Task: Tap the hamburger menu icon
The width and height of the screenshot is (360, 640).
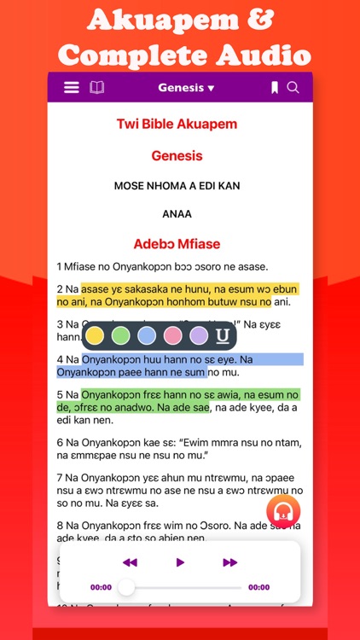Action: click(72, 87)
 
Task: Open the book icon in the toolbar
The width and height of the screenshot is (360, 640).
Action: click(96, 87)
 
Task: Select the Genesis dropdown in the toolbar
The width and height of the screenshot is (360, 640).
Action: click(186, 87)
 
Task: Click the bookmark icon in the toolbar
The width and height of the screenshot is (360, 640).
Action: click(275, 87)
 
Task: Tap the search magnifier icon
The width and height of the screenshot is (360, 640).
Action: click(293, 87)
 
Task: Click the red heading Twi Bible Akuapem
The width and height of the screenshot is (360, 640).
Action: click(177, 124)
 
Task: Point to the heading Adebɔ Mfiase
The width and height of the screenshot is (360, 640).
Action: click(177, 243)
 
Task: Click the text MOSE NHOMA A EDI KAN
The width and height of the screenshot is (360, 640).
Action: click(177, 184)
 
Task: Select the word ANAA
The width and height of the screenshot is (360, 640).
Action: click(177, 213)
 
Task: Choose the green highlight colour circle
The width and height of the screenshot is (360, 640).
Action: click(121, 335)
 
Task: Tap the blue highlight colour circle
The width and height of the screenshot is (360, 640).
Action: click(147, 335)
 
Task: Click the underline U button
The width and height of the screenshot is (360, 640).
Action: click(223, 335)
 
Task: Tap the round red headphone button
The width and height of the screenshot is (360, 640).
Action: click(282, 512)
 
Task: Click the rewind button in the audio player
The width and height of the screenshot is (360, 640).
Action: click(130, 562)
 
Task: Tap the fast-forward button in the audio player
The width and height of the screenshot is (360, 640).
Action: click(229, 562)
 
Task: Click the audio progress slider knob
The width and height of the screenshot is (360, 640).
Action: click(126, 587)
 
